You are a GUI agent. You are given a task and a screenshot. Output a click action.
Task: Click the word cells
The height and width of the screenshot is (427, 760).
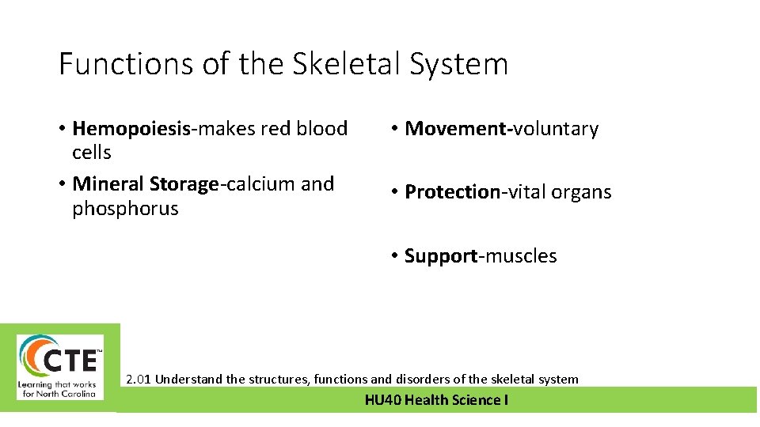tap(92, 153)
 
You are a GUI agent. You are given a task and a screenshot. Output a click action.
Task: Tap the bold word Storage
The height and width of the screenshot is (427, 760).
tap(184, 184)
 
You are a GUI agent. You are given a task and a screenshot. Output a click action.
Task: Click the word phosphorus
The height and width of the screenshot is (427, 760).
tap(125, 209)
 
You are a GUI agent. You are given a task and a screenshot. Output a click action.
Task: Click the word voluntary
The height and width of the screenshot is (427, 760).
tap(556, 129)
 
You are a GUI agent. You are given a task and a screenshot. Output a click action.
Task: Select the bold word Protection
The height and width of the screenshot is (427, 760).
tap(452, 192)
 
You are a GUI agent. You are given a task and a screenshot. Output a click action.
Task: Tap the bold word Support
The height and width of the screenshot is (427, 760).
tap(441, 256)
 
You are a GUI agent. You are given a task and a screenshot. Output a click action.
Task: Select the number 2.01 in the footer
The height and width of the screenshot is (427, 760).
tap(139, 380)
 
